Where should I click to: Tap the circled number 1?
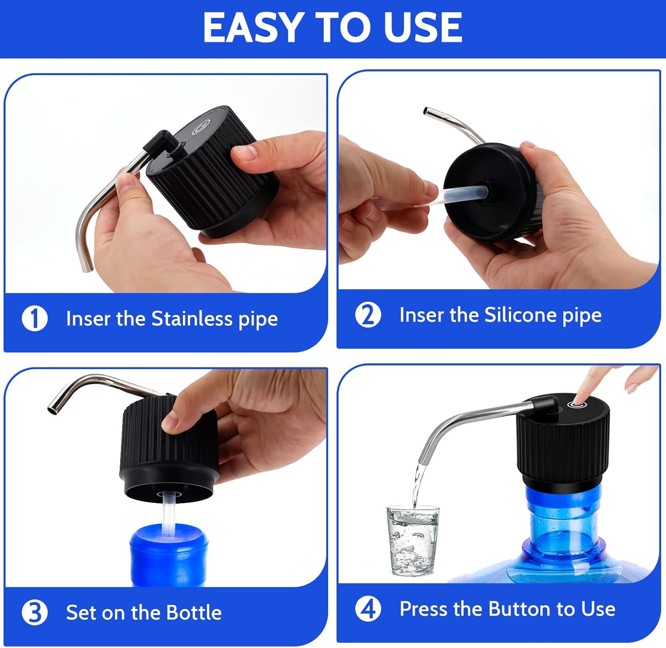click(35, 319)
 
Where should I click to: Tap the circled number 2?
click(368, 315)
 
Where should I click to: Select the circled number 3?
click(35, 612)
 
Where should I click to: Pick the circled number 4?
click(368, 609)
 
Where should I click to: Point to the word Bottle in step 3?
click(194, 612)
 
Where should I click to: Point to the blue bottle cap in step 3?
click(169, 553)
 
